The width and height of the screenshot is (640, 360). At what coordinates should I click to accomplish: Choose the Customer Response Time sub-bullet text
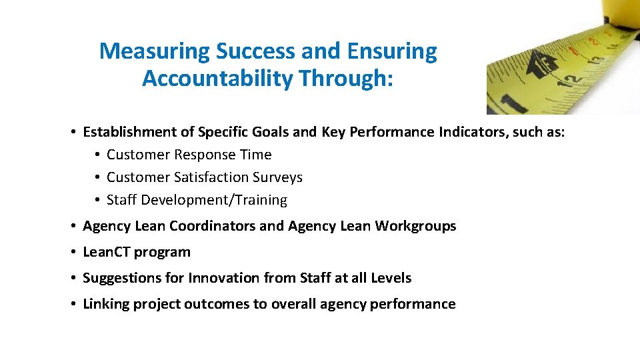[189, 155]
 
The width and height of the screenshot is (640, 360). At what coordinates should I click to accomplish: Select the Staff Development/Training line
[197, 200]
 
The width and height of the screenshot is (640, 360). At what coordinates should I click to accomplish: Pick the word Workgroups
[415, 226]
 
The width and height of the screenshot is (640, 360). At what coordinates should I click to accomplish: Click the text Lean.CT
[107, 252]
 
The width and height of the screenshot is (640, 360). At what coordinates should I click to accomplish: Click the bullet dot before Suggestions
[73, 278]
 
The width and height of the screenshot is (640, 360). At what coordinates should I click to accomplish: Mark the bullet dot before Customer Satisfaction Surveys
[97, 177]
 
